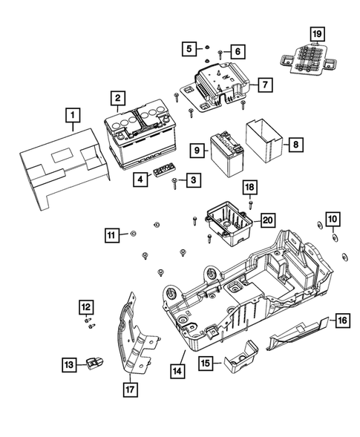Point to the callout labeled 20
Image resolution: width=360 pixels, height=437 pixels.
pyautogui.click(x=268, y=219)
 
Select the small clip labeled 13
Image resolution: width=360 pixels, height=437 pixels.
pyautogui.click(x=94, y=363)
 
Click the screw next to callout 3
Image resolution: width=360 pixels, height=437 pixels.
pyautogui.click(x=174, y=180)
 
